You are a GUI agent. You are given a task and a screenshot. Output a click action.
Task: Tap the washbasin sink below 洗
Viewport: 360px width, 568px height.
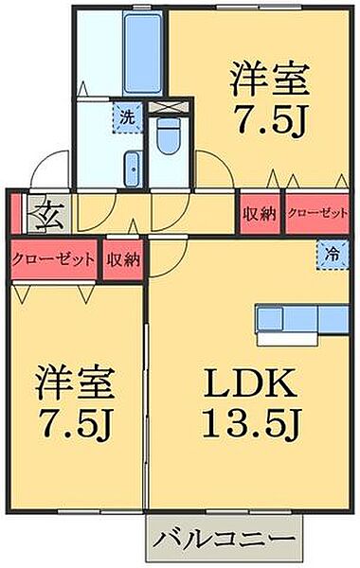(132, 169)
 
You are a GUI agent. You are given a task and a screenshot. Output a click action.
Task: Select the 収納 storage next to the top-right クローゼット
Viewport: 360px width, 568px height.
(258, 213)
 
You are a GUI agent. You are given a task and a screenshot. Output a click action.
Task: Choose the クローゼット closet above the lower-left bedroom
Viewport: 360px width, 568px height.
(52, 257)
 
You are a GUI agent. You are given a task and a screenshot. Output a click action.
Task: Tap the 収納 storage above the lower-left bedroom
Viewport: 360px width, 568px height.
(123, 257)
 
